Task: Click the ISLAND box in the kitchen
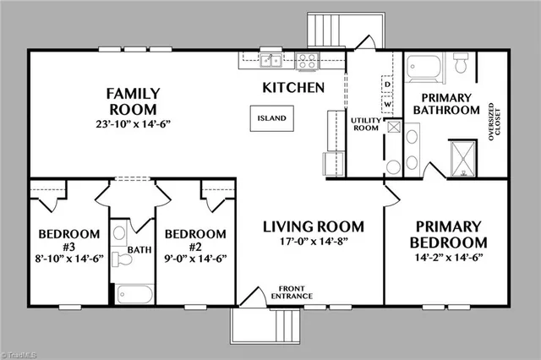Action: click(x=272, y=119)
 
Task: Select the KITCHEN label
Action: click(x=293, y=87)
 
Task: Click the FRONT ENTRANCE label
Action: click(x=292, y=293)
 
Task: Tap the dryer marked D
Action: click(x=386, y=85)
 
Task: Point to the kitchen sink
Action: click(x=270, y=60)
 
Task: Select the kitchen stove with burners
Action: click(x=309, y=60)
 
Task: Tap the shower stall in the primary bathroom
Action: click(x=463, y=156)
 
